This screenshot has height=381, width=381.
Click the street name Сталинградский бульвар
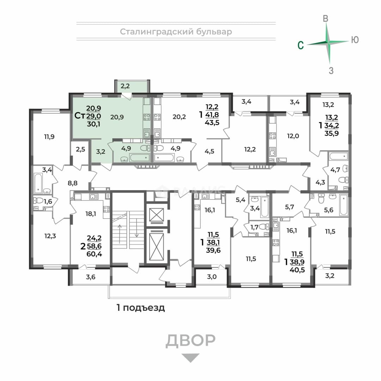176,32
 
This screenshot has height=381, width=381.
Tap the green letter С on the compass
301,45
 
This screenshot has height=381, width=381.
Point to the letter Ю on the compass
355,40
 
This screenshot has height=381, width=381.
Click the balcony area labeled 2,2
125,86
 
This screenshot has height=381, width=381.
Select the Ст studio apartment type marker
80,116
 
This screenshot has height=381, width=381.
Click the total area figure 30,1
93,124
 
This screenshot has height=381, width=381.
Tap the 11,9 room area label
49,137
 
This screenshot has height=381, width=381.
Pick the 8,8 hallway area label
72,183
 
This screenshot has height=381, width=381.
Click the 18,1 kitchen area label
91,214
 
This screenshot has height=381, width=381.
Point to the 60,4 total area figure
94,254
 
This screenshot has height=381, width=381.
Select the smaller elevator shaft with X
156,214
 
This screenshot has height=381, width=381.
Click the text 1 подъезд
141,308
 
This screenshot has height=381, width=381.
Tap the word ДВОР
190,341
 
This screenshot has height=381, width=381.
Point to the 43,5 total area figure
212,122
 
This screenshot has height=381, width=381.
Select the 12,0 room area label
293,136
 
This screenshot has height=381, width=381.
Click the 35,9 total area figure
332,133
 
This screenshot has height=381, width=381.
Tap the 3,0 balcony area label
212,277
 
